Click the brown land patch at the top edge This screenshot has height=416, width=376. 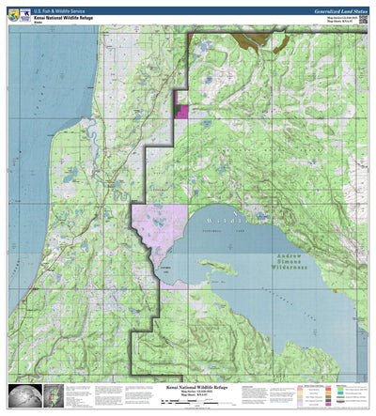click(x=254, y=40)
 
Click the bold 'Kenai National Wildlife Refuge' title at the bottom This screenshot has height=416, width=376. click(x=187, y=386)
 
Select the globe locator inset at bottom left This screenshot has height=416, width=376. click(x=22, y=397)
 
